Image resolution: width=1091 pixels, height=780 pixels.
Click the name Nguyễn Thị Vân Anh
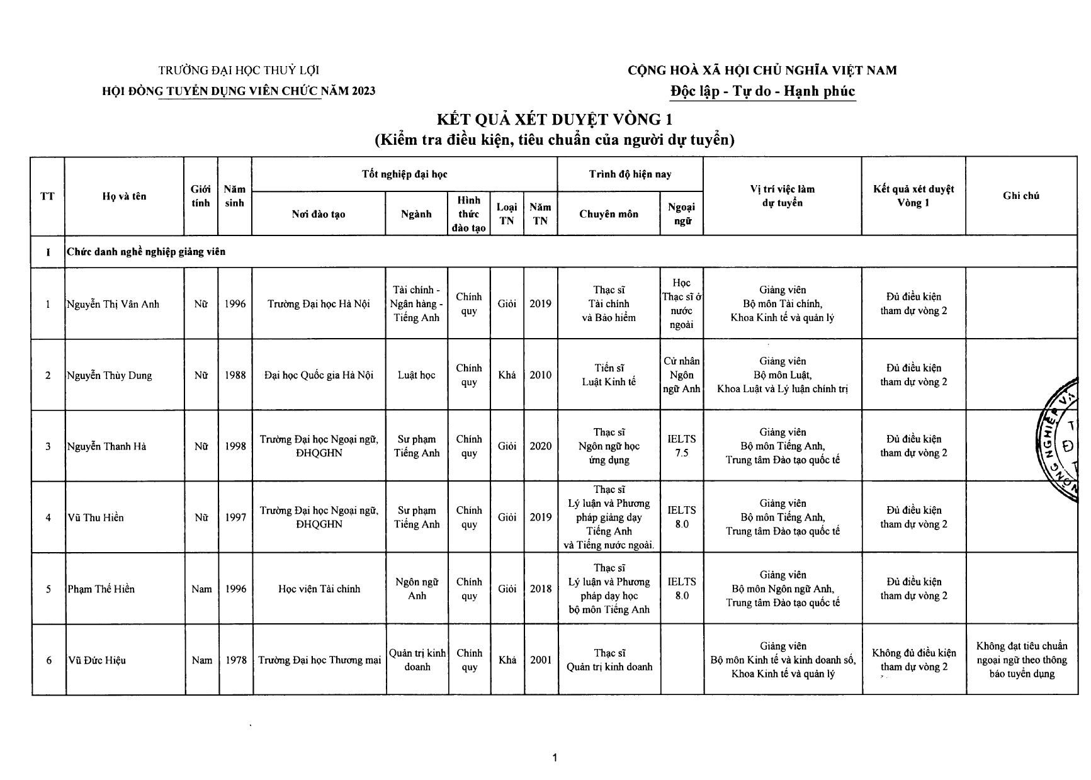point(113,304)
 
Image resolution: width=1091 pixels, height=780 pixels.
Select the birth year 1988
point(235,375)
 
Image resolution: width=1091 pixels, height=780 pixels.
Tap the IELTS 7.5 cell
point(681,446)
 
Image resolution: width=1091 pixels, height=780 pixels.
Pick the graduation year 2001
point(540,660)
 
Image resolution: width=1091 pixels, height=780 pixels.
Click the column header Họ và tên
point(124,196)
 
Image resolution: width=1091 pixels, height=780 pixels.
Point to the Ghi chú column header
point(1020,196)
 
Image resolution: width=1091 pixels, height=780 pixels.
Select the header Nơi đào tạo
point(318,214)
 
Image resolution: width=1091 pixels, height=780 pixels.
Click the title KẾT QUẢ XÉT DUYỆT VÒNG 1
point(555,119)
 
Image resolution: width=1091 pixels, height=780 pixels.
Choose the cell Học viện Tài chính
point(319,589)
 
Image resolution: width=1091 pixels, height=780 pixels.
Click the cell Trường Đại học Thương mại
point(319,660)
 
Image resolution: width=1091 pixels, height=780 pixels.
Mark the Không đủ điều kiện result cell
point(913,660)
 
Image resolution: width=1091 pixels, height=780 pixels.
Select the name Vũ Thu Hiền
point(96,517)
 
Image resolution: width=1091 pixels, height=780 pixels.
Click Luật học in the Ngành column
point(416,375)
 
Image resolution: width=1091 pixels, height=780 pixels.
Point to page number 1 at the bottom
point(555,758)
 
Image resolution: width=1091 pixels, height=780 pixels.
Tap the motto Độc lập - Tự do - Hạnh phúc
point(762,91)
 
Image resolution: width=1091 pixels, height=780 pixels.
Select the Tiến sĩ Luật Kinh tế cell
point(608,375)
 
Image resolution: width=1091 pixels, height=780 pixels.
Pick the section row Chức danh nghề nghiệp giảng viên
point(146,252)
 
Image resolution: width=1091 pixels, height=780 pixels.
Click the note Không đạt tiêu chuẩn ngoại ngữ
point(1021,660)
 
